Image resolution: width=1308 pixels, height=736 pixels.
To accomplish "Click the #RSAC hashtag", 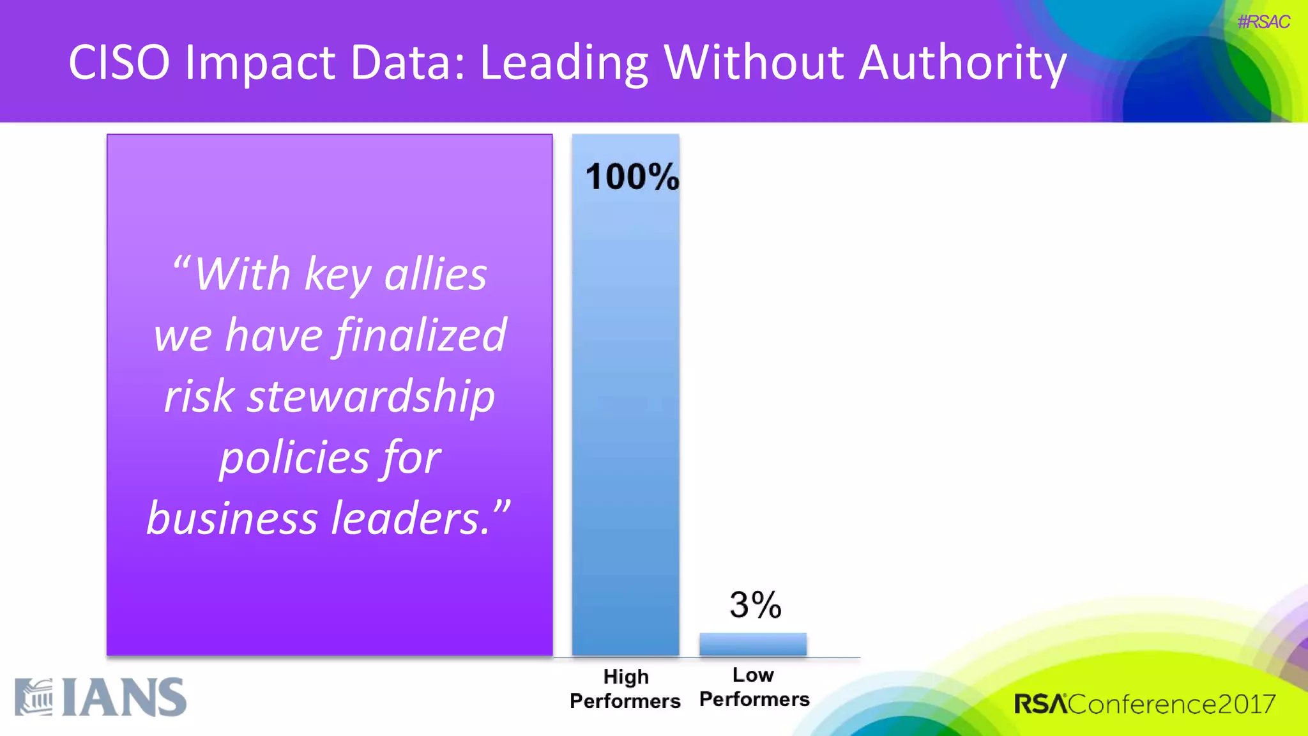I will click(1263, 22).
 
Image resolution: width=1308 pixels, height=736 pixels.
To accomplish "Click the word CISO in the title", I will click(119, 63).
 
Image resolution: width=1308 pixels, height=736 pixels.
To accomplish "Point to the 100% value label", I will click(632, 177).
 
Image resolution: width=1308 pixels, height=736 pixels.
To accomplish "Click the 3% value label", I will click(755, 604).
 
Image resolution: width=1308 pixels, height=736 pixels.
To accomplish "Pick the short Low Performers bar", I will click(753, 644).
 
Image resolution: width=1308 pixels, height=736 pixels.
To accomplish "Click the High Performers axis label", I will click(625, 689).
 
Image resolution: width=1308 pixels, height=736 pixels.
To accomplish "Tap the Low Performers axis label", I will click(754, 687).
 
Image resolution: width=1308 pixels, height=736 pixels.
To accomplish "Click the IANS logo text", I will click(125, 698).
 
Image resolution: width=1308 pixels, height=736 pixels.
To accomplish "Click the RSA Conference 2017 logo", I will click(1144, 704).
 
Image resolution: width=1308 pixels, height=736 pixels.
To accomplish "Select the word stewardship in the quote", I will click(371, 396).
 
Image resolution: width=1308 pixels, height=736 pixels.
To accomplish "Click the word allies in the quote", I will click(436, 274).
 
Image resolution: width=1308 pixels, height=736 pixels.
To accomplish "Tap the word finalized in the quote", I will click(421, 335).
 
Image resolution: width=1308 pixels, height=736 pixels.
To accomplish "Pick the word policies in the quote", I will click(294, 457).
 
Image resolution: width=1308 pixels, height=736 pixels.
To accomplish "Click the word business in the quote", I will click(232, 518).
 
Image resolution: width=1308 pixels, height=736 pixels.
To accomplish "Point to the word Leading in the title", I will click(564, 63).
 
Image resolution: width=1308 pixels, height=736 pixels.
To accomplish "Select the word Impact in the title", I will click(260, 63).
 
